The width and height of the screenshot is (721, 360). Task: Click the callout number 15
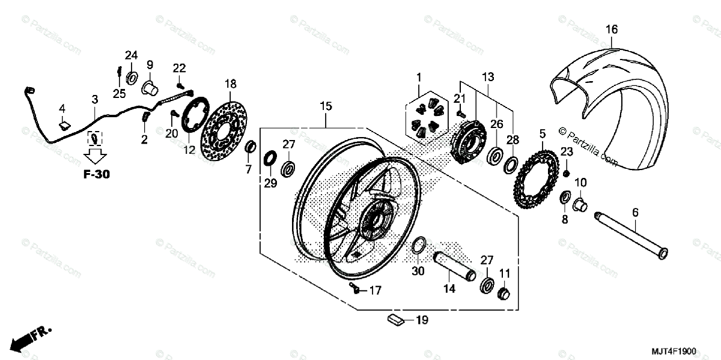(326, 106)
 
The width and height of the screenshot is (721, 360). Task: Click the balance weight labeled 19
(394, 320)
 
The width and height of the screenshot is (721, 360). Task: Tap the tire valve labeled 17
(356, 290)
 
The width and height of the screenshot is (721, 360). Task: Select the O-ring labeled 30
(418, 246)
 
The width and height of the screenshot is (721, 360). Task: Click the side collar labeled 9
(148, 88)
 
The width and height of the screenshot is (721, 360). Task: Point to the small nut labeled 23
(566, 173)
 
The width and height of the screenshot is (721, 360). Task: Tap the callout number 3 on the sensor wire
(94, 99)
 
